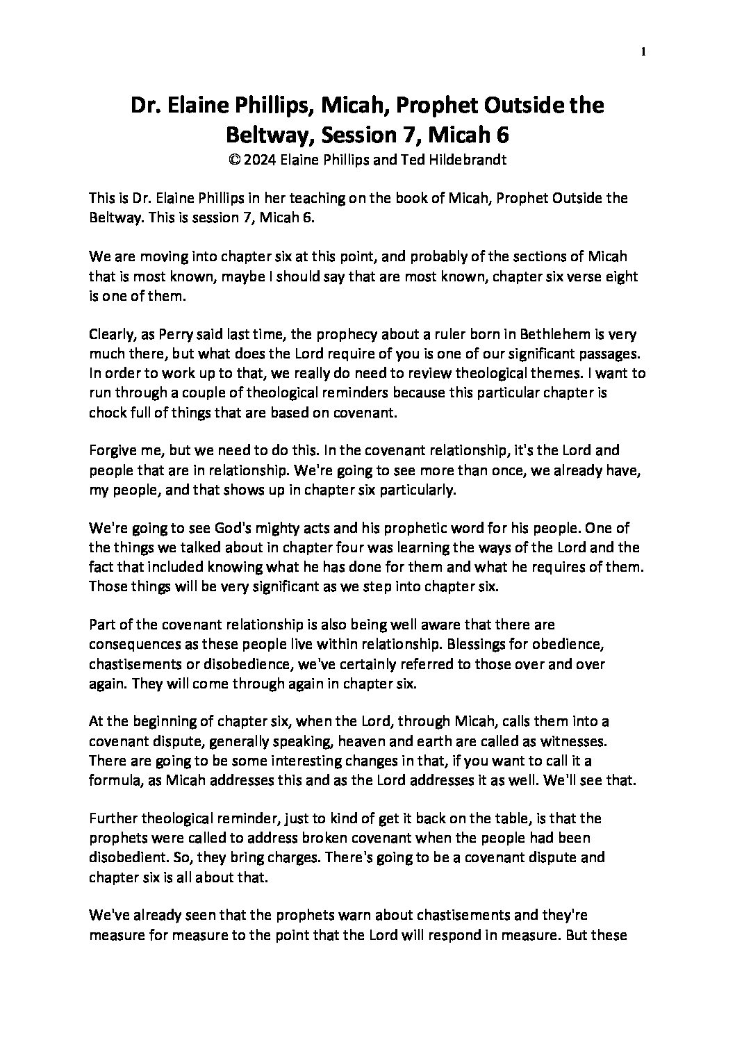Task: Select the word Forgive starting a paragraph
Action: [x=111, y=451]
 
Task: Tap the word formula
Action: [x=113, y=782]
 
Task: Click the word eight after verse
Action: [x=621, y=276]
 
